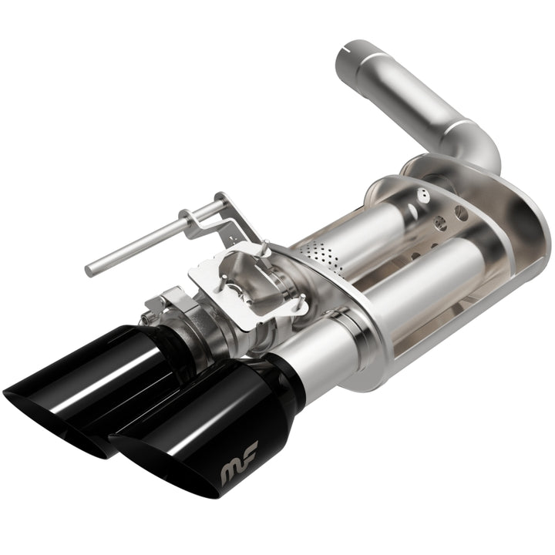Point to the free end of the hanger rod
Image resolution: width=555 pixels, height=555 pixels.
coord(90,269)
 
